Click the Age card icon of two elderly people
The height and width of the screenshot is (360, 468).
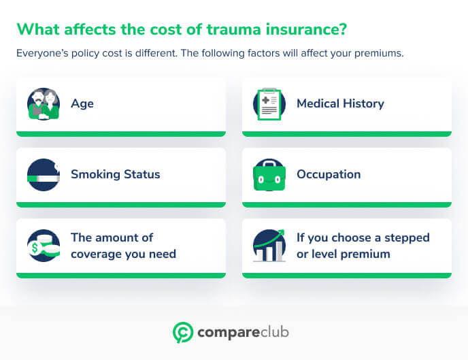[x=43, y=104]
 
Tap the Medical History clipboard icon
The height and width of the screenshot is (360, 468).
[x=269, y=104]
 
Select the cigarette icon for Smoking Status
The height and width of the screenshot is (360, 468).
[x=43, y=175]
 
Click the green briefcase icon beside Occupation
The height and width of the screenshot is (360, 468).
[x=269, y=175]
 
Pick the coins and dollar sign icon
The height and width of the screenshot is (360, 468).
[x=43, y=246]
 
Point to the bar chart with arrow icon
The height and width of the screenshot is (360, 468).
[x=269, y=246]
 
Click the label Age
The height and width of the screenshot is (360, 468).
[x=82, y=104]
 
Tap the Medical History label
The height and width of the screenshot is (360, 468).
[x=340, y=104]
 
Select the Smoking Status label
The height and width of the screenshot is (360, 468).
[x=115, y=174]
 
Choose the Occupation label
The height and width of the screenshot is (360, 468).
[x=329, y=174]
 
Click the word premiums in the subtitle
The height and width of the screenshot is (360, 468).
[x=380, y=53]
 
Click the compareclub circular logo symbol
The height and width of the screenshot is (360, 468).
[x=182, y=332]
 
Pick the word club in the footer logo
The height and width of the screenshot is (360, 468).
[x=272, y=332]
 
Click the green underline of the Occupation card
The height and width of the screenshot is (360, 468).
[x=346, y=204]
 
